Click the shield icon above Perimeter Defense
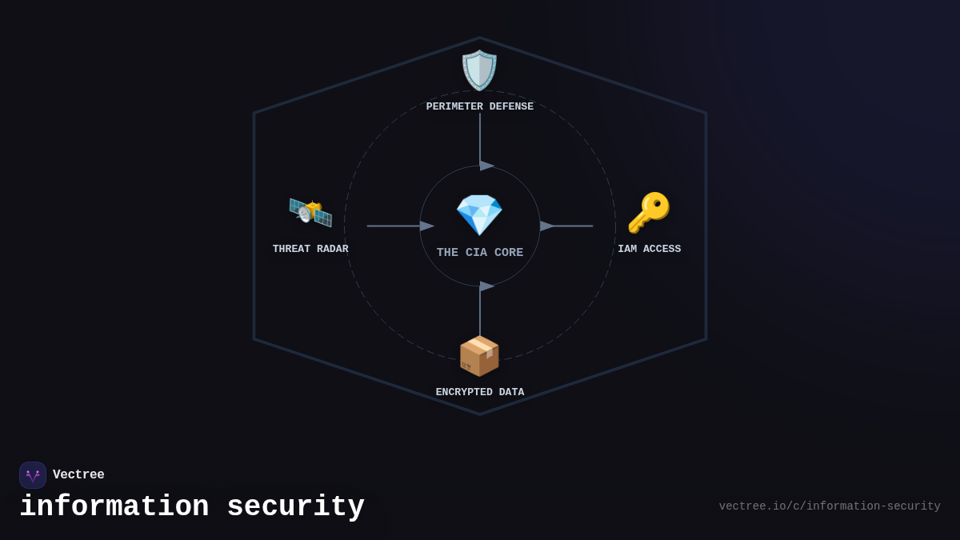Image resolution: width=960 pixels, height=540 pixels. point(479,70)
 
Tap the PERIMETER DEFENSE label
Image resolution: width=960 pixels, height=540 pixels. point(479,107)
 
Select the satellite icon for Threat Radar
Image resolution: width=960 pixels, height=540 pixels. point(310,213)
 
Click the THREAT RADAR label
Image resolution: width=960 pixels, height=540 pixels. point(310,250)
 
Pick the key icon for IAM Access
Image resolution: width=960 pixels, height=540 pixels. point(649,213)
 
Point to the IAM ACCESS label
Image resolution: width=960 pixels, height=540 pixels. point(649,250)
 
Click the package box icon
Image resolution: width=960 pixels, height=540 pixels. point(479,356)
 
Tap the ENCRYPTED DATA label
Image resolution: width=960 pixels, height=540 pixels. point(480,393)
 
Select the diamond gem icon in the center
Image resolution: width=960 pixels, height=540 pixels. point(479,214)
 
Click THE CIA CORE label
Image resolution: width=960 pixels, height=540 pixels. point(480,253)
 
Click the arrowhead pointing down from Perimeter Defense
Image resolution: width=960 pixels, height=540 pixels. point(486,166)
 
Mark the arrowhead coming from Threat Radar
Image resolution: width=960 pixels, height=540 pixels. point(426,226)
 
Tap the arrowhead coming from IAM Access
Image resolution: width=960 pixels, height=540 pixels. point(547,226)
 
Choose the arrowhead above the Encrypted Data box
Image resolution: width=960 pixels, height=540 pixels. point(486,286)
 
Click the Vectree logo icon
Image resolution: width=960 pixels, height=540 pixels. point(33,475)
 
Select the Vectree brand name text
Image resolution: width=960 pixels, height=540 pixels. point(78,475)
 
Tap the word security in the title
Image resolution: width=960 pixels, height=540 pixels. point(295,507)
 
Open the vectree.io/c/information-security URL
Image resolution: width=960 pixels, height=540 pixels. point(829,506)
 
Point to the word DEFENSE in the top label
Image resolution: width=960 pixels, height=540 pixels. point(511,107)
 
